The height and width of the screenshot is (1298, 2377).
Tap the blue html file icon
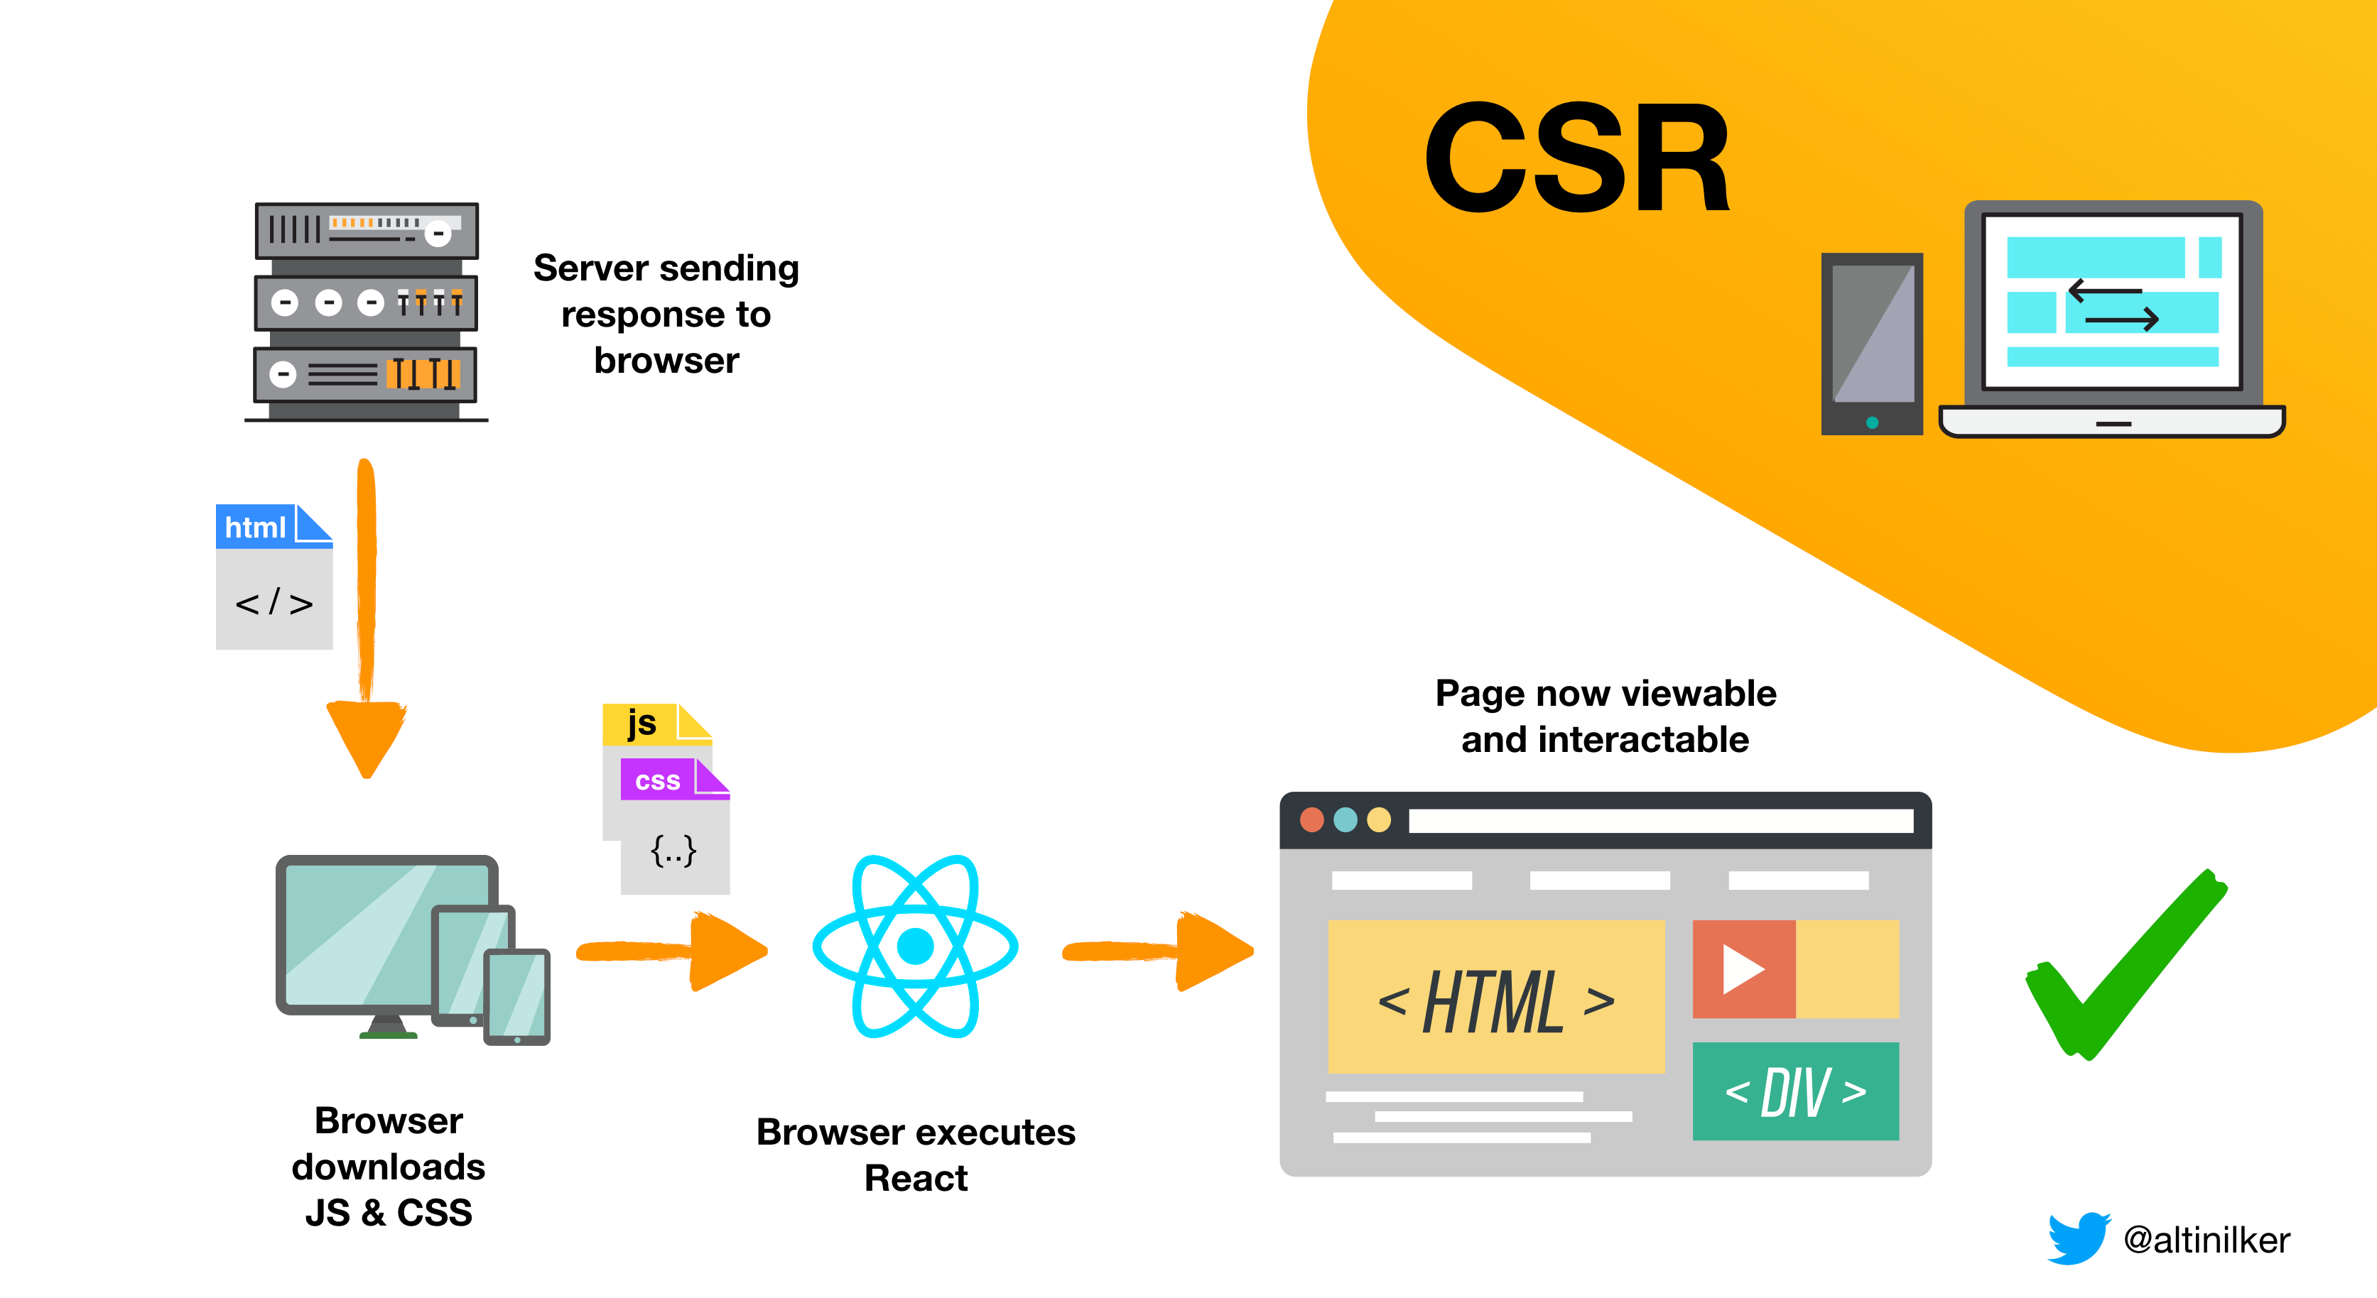tap(273, 576)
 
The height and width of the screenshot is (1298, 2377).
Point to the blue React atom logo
tap(914, 947)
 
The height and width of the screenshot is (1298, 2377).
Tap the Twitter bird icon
tap(2077, 1238)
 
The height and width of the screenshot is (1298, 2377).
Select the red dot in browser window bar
tap(1311, 819)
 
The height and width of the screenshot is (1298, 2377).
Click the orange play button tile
tap(1743, 969)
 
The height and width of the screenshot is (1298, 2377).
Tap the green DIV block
tap(1794, 1091)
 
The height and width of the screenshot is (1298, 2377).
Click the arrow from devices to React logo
tap(673, 951)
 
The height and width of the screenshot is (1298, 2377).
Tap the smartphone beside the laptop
tap(1871, 343)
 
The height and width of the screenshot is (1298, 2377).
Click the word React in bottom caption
tap(916, 1178)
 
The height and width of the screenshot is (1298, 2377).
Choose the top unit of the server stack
tap(367, 231)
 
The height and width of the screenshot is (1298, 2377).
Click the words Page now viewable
tap(1605, 693)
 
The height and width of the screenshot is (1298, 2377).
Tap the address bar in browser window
tap(1660, 820)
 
